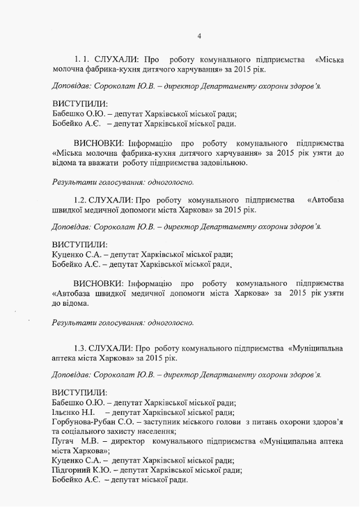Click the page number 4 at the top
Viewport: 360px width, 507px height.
[199, 37]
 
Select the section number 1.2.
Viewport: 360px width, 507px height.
[82, 200]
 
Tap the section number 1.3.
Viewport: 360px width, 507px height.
[82, 348]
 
